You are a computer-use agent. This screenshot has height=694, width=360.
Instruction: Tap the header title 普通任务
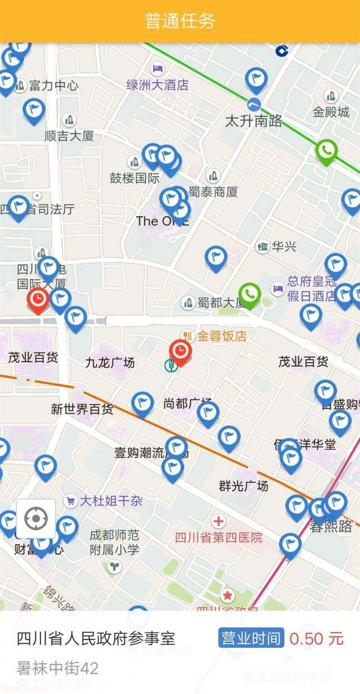click(180, 21)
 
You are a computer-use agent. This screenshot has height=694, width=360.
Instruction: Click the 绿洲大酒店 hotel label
click(157, 85)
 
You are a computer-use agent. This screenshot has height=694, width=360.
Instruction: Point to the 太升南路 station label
click(254, 120)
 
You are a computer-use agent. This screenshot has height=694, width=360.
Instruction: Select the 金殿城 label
click(331, 111)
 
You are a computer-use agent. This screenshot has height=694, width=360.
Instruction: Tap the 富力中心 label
click(53, 86)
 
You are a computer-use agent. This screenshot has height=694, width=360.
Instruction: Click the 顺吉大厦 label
click(69, 136)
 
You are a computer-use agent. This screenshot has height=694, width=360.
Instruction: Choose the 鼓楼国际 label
click(134, 178)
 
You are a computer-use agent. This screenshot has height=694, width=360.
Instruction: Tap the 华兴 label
click(283, 246)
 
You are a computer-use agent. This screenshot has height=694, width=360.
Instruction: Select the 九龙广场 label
click(110, 362)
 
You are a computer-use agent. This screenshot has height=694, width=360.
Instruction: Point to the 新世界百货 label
click(82, 409)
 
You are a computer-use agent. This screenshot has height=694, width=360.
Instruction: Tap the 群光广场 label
click(244, 485)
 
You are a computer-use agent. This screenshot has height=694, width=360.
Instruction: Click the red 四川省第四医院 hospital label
click(219, 537)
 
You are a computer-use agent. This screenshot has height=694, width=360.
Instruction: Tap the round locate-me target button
click(36, 518)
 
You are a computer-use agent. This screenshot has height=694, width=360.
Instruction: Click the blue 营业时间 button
click(251, 638)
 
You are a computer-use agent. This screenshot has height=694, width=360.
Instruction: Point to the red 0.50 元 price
click(316, 638)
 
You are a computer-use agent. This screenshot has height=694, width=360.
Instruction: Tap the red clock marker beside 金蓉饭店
click(181, 352)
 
